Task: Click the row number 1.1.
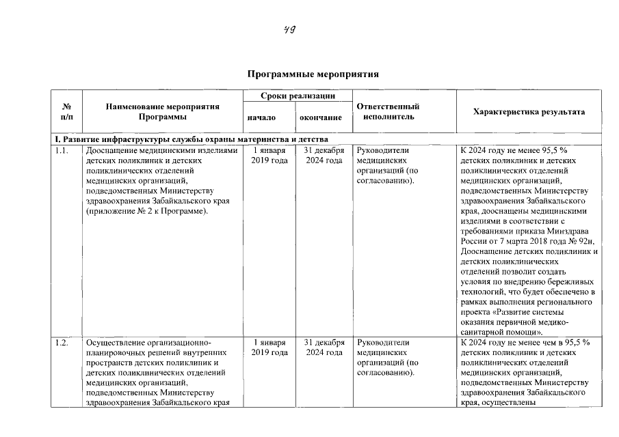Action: pos(62,150)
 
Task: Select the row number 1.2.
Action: pos(62,342)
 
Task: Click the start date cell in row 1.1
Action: pos(265,155)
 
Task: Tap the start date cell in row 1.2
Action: pos(265,347)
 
